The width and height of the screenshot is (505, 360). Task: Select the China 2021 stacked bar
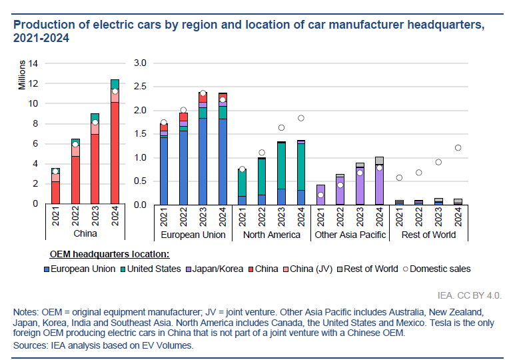[x=56, y=187]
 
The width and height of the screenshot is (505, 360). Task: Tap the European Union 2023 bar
[x=203, y=150]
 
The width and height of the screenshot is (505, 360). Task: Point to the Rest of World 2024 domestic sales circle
[x=457, y=148]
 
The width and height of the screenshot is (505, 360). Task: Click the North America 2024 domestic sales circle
[x=300, y=118]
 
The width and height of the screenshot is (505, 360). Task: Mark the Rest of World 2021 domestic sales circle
[x=398, y=177]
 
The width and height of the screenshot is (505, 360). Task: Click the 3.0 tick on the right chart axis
[x=139, y=63]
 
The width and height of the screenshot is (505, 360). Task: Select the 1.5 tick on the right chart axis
[x=139, y=134]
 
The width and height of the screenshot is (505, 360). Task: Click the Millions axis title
[x=22, y=75]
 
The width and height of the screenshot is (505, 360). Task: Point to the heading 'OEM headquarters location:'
[x=109, y=254]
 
